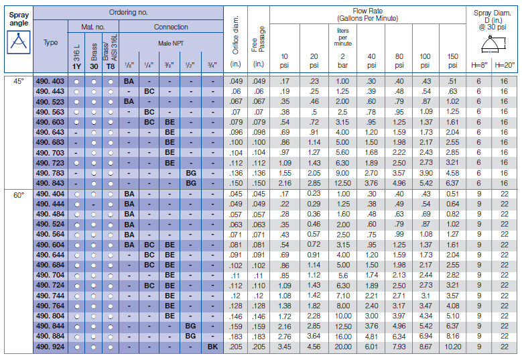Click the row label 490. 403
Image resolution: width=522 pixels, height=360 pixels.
coord(51,80)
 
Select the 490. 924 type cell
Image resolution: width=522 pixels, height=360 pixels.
coord(51,347)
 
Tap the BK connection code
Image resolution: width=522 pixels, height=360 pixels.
coord(212,347)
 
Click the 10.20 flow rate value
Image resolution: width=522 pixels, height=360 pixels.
coord(453,347)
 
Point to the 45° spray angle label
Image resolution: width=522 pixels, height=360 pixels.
coord(18,80)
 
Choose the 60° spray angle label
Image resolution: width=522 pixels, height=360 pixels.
coord(18,194)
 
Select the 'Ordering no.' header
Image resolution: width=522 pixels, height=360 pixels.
coord(129,13)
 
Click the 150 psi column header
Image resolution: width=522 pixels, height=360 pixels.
coord(453,61)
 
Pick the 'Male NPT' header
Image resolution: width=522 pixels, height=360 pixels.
coord(170,43)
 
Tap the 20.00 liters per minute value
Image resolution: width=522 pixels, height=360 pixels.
coord(342,347)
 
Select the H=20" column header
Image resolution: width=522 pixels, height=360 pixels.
coord(505,65)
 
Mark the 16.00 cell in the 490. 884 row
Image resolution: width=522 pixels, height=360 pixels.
coord(342,336)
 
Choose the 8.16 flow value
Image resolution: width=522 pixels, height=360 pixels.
coord(453,336)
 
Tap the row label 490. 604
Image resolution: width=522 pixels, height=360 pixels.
coord(51,245)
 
